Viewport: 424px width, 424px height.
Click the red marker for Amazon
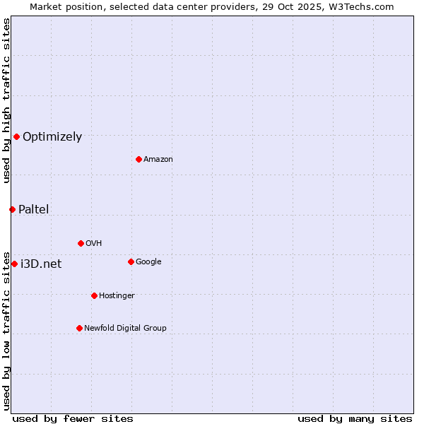pyautogui.click(x=139, y=159)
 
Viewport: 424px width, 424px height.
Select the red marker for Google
pyautogui.click(x=131, y=261)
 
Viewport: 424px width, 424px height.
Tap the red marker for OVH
pyautogui.click(x=81, y=243)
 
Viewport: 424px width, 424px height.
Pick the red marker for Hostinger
pyautogui.click(x=94, y=295)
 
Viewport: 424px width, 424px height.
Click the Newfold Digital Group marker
pyautogui.click(x=79, y=328)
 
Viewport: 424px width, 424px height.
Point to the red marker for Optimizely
pyautogui.click(x=16, y=136)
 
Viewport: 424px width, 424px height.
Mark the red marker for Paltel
pyautogui.click(x=12, y=209)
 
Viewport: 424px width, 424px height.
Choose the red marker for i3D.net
pyautogui.click(x=14, y=264)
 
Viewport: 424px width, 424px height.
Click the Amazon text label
pyautogui.click(x=158, y=159)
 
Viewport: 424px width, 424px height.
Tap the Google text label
pyautogui.click(x=148, y=261)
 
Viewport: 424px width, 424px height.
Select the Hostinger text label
pyautogui.click(x=117, y=295)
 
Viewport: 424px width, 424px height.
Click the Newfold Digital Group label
pyautogui.click(x=125, y=328)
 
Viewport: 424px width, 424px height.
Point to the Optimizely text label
pyautogui.click(x=52, y=137)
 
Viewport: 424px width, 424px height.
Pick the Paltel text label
pyautogui.click(x=33, y=209)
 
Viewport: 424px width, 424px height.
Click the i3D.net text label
pyautogui.click(x=41, y=264)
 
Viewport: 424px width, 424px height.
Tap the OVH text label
pyautogui.click(x=93, y=243)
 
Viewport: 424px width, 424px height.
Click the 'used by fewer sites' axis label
pyautogui.click(x=73, y=418)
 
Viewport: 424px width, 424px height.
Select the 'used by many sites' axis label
pyautogui.click(x=355, y=418)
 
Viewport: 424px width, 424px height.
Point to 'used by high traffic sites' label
pyautogui.click(x=6, y=100)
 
